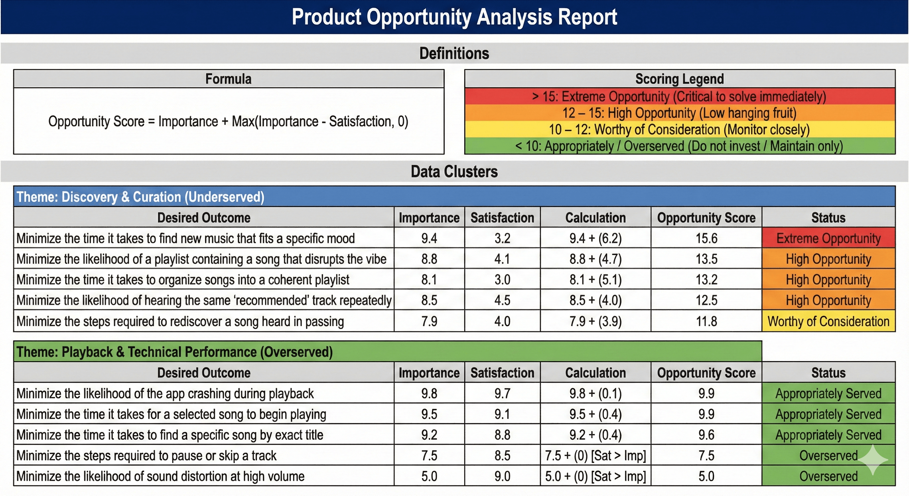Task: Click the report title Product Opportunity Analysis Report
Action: [454, 17]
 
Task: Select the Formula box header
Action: [228, 79]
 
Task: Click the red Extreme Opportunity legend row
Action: [679, 96]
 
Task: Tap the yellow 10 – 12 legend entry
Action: [679, 129]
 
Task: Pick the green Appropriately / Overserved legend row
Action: [679, 146]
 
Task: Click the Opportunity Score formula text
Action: [228, 121]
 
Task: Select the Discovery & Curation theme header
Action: [140, 197]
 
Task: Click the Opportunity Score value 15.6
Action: [706, 238]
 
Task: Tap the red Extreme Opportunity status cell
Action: [828, 238]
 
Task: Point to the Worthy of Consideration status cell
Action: [828, 321]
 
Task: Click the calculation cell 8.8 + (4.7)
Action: [595, 259]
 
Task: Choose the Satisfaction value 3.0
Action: [502, 280]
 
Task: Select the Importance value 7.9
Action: [429, 321]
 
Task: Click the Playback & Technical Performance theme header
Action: [175, 352]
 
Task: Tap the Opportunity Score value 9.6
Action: [706, 435]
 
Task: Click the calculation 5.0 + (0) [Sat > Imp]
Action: [595, 476]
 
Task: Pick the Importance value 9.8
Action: [429, 393]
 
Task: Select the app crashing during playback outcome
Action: [165, 393]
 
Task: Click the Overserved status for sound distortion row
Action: [828, 476]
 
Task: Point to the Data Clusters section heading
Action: [454, 171]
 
